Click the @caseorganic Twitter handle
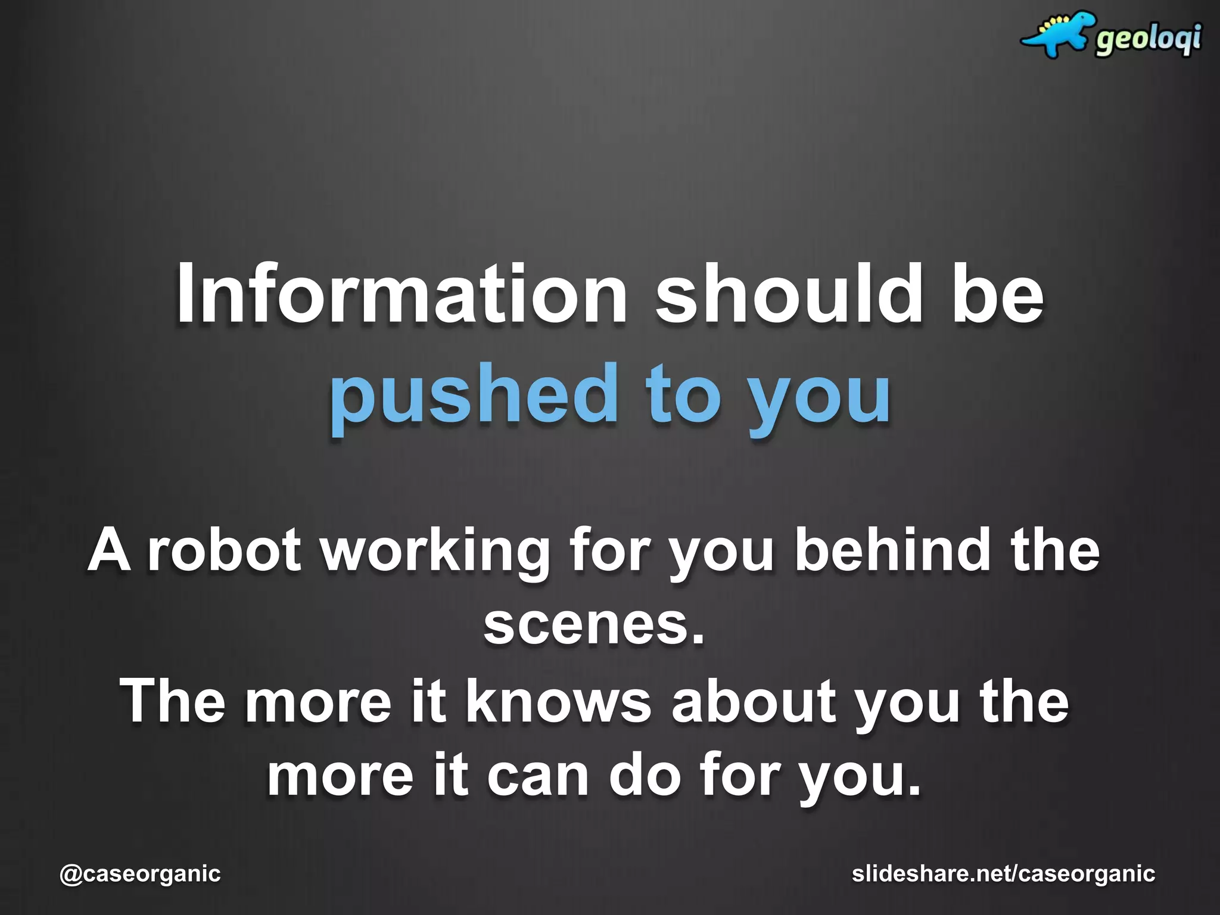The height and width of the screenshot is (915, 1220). pos(141,874)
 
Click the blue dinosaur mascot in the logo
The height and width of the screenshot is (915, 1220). pos(1058,35)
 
